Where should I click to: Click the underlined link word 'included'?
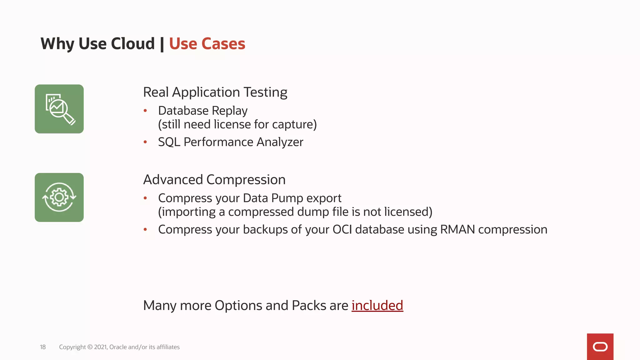pos(377,305)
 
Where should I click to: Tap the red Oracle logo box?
pos(600,347)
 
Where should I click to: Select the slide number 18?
pos(43,347)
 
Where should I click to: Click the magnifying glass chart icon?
pos(59,109)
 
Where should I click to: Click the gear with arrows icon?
pos(59,197)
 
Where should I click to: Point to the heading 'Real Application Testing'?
pos(215,92)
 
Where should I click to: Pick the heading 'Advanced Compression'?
pos(214,180)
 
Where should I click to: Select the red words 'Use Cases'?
pos(207,43)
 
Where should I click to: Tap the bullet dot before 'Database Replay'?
pos(145,111)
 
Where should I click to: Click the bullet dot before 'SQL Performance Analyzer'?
pos(145,142)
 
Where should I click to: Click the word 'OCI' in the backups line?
pos(342,229)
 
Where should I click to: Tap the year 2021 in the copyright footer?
pos(101,347)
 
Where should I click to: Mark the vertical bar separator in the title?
pos(162,44)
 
